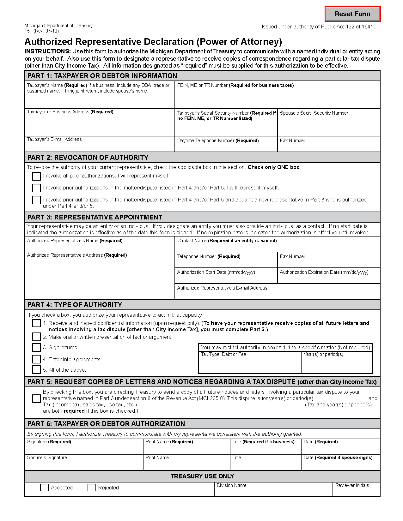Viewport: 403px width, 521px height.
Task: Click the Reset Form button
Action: [352, 14]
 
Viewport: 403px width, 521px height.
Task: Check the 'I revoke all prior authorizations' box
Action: [36, 176]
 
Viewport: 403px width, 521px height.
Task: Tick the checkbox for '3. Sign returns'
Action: [36, 347]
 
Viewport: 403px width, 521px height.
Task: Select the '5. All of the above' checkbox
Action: [36, 370]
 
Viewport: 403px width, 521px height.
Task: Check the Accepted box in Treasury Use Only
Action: [44, 488]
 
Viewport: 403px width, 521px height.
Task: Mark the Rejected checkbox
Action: [92, 488]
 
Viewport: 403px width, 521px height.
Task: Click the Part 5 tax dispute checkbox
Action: [36, 398]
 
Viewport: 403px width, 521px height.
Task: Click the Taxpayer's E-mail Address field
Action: [99, 146]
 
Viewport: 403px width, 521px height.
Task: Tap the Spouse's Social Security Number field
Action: [328, 125]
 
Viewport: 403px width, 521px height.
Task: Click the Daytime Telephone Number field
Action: [226, 147]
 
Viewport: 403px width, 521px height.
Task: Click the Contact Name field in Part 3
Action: [277, 247]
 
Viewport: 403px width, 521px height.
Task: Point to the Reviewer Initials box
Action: [356, 491]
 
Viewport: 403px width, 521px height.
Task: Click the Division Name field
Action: [273, 491]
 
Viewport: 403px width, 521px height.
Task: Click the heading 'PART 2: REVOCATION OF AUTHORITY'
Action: [88, 158]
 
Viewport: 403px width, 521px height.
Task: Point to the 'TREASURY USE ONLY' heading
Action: [202, 476]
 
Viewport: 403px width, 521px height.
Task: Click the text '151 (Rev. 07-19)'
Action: [42, 31]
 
